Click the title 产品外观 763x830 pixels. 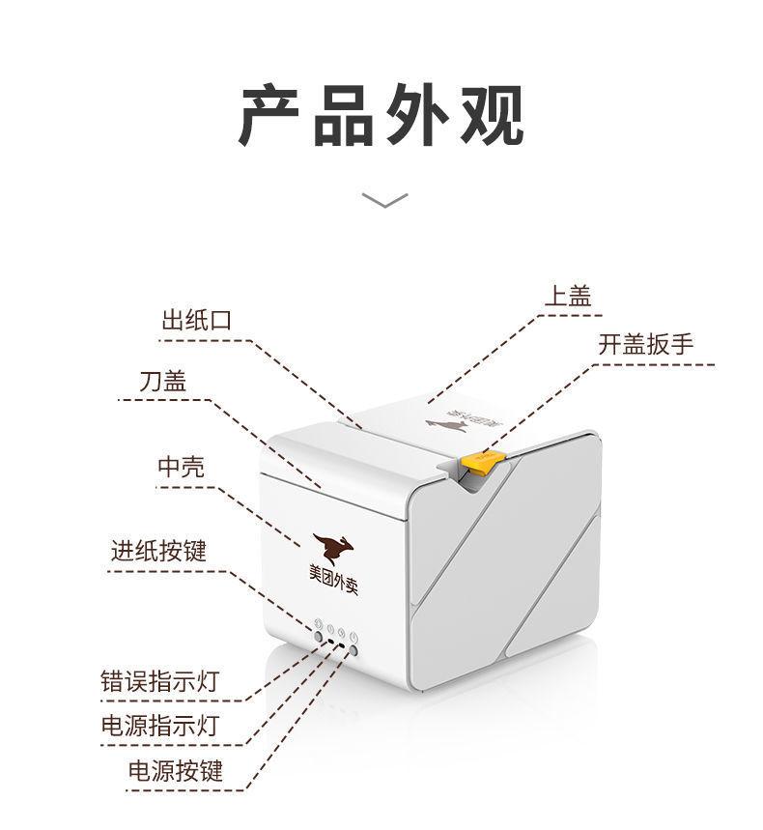point(381,115)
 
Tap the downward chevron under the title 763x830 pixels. point(383,200)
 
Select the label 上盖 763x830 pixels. point(567,297)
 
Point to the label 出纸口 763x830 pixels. point(197,321)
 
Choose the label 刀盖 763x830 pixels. point(161,381)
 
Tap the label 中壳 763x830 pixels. point(181,467)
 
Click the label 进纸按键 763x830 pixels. point(157,551)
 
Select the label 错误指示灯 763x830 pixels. point(159,681)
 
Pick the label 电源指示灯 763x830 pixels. point(159,725)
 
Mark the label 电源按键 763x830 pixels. point(175,770)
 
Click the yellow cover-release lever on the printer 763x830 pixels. point(478,463)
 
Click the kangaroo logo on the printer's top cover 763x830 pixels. point(447,426)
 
